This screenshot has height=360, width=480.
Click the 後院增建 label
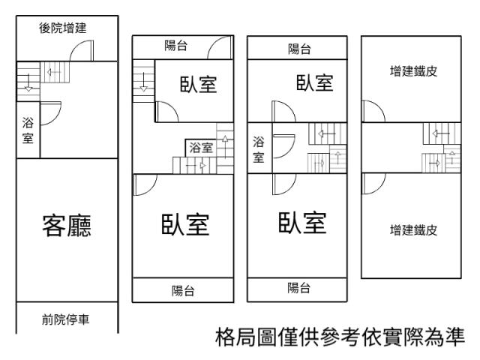63,28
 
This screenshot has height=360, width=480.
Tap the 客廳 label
67,226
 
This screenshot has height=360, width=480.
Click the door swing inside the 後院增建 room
80,49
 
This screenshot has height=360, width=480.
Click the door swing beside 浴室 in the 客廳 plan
49,113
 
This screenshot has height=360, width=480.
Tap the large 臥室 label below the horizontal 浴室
185,223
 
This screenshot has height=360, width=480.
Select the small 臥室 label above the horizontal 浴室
198,84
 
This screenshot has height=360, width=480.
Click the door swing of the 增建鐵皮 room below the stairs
371,182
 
